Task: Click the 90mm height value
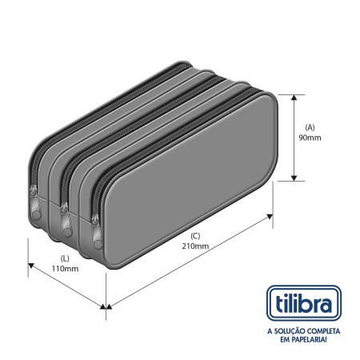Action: pos(310,138)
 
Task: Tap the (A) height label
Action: pos(310,127)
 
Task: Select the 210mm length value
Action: pos(195,246)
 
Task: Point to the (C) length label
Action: pos(195,236)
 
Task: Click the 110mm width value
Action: pos(65,269)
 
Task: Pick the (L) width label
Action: pos(65,258)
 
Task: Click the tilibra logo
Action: pos(304,303)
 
